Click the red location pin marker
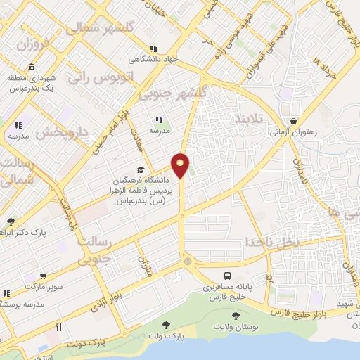[x=181, y=165]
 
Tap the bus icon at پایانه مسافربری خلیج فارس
[x=226, y=276]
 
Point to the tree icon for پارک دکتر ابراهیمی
[x=11, y=222]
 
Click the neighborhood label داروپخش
[x=60, y=130]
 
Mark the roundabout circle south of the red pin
[x=186, y=262]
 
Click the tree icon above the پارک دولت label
[x=165, y=324]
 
